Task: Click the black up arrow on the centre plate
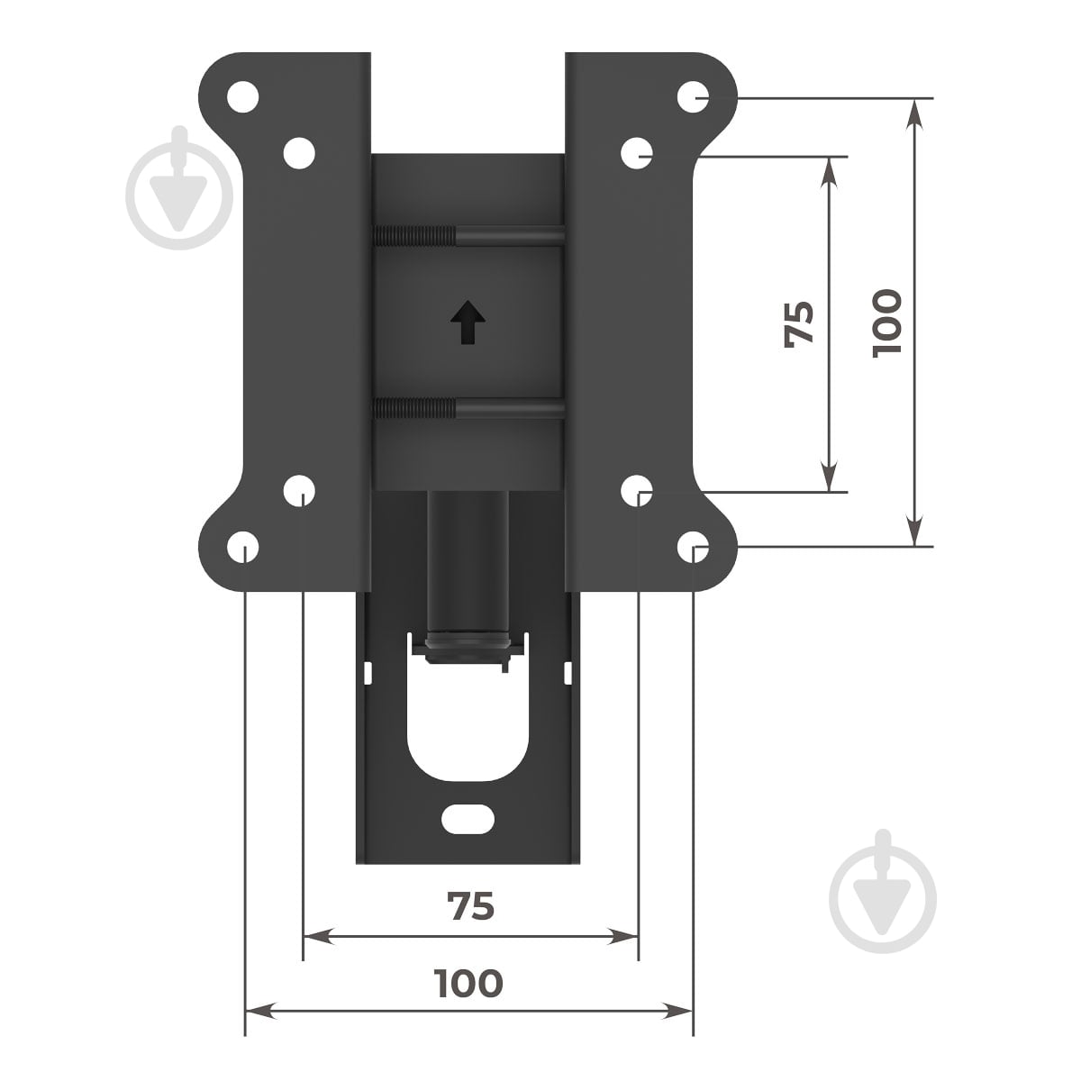[468, 322]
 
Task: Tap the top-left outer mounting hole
[243, 97]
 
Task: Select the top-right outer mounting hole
[693, 97]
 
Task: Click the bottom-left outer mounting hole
[243, 547]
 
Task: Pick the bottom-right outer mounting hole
[693, 547]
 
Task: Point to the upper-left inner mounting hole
[299, 153]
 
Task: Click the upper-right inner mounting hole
[637, 153]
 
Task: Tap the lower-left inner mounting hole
[299, 491]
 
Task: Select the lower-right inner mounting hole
[637, 491]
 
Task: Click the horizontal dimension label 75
[470, 906]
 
